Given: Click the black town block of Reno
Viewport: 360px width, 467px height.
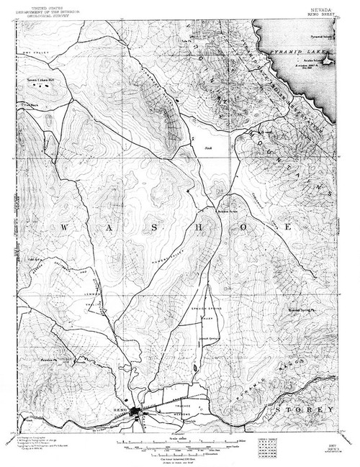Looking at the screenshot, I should click(136, 413).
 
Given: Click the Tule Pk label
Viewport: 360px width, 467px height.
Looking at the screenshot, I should click(185, 40).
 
